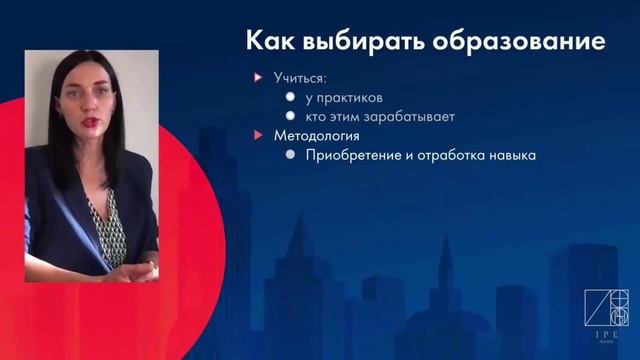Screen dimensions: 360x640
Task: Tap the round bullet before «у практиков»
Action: point(289,98)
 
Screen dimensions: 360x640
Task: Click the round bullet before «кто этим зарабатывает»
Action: point(289,117)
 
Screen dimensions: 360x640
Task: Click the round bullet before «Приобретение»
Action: point(289,155)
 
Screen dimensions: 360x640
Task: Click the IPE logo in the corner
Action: point(605,315)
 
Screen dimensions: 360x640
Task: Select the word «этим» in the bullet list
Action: point(349,117)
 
